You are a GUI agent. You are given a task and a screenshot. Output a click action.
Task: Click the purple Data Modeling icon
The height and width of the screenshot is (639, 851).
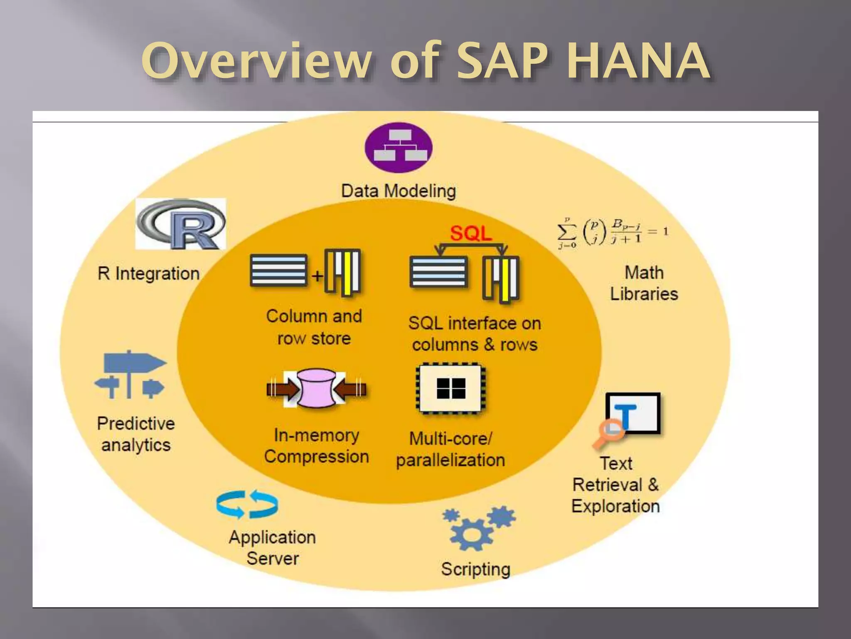(x=398, y=147)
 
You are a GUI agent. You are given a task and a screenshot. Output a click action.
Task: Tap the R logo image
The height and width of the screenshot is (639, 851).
(x=181, y=224)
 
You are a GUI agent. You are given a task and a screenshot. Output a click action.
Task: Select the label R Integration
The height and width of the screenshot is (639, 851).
(x=149, y=274)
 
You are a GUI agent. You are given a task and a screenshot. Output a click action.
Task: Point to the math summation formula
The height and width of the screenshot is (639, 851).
(x=612, y=233)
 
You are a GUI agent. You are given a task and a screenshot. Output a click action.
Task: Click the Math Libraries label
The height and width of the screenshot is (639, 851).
(x=644, y=283)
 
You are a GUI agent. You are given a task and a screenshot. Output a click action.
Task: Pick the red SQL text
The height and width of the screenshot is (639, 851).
(x=471, y=233)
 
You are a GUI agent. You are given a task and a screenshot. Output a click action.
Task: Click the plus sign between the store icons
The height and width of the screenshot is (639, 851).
(x=317, y=276)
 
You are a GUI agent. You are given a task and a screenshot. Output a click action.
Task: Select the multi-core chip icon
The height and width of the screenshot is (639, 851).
(x=451, y=389)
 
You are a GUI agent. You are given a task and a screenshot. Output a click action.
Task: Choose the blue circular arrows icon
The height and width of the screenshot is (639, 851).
(x=247, y=505)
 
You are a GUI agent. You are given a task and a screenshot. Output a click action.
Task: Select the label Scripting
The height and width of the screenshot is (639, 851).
(x=476, y=569)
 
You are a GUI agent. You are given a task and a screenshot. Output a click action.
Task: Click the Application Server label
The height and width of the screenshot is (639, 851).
(x=273, y=547)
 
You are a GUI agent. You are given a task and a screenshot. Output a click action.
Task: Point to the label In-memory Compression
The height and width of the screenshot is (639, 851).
(x=317, y=446)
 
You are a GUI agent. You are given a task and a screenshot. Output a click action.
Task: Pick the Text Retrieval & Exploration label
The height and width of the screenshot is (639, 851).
(x=615, y=485)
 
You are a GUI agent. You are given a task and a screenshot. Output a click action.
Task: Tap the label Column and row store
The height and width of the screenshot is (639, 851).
(x=314, y=327)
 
